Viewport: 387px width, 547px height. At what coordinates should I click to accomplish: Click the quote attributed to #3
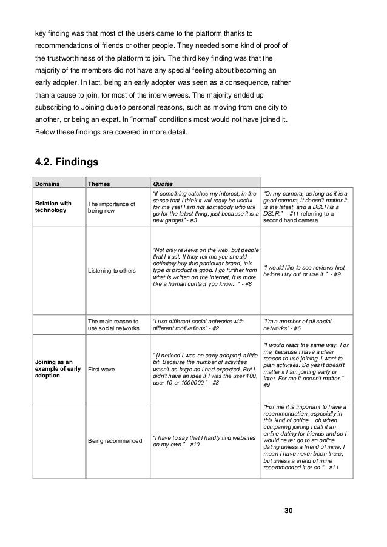pos(205,207)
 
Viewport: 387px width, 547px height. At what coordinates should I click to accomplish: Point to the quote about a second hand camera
pos(305,207)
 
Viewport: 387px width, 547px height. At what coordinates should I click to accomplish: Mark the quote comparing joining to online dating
pos(305,437)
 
